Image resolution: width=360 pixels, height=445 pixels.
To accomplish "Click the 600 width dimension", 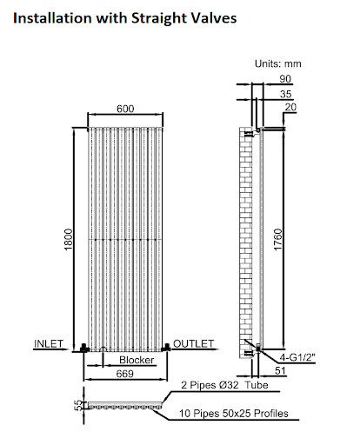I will (124, 110).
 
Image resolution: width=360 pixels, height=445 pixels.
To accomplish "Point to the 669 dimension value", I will (124, 373).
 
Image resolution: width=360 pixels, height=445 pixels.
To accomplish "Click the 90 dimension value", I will (286, 78).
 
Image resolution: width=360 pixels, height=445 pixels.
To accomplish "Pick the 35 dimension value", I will (286, 93).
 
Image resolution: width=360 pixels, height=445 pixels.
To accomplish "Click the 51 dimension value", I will (282, 371).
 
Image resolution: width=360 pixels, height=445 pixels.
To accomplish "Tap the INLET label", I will (50, 343).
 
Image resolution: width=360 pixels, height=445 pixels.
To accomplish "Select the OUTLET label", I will (193, 343).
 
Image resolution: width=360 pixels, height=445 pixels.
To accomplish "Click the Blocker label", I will (137, 360).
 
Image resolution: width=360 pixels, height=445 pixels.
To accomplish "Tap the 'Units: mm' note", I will (277, 63).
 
